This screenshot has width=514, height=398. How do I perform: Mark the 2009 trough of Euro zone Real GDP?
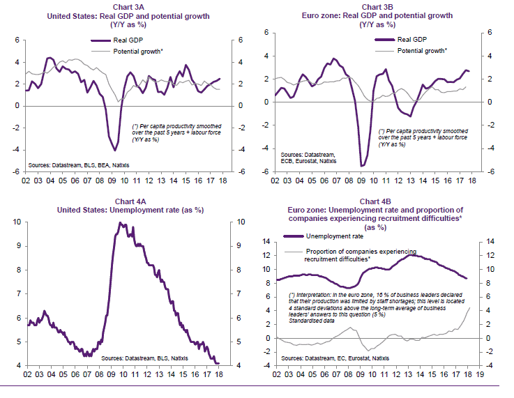coord(362,165)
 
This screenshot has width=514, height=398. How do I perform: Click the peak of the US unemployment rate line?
coord(120,223)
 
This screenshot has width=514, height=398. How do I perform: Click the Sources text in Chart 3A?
coord(78,165)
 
